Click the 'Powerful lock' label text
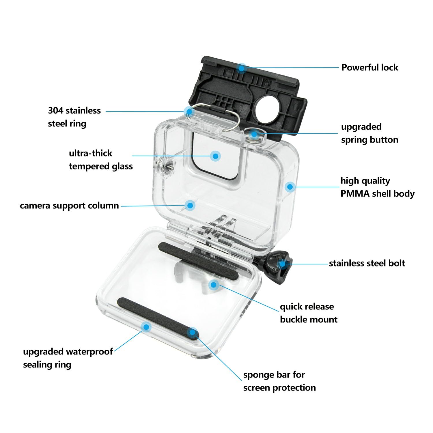pos(369,68)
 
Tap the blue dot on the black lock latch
pos(241,68)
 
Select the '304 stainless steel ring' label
pos(74,117)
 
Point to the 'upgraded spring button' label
pos(369,133)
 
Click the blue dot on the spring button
pos(254,134)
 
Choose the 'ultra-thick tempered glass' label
pos(101,160)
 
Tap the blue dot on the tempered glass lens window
pos(215,156)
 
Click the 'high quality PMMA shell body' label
pos(377,187)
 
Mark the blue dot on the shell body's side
pos(290,187)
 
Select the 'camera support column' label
pos(69,206)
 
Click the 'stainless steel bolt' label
pos(367,263)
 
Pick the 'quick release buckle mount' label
pos(308,313)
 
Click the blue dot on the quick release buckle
pos(213,285)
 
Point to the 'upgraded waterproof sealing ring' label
pos(68,358)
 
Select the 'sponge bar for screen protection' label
pos(279,381)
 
